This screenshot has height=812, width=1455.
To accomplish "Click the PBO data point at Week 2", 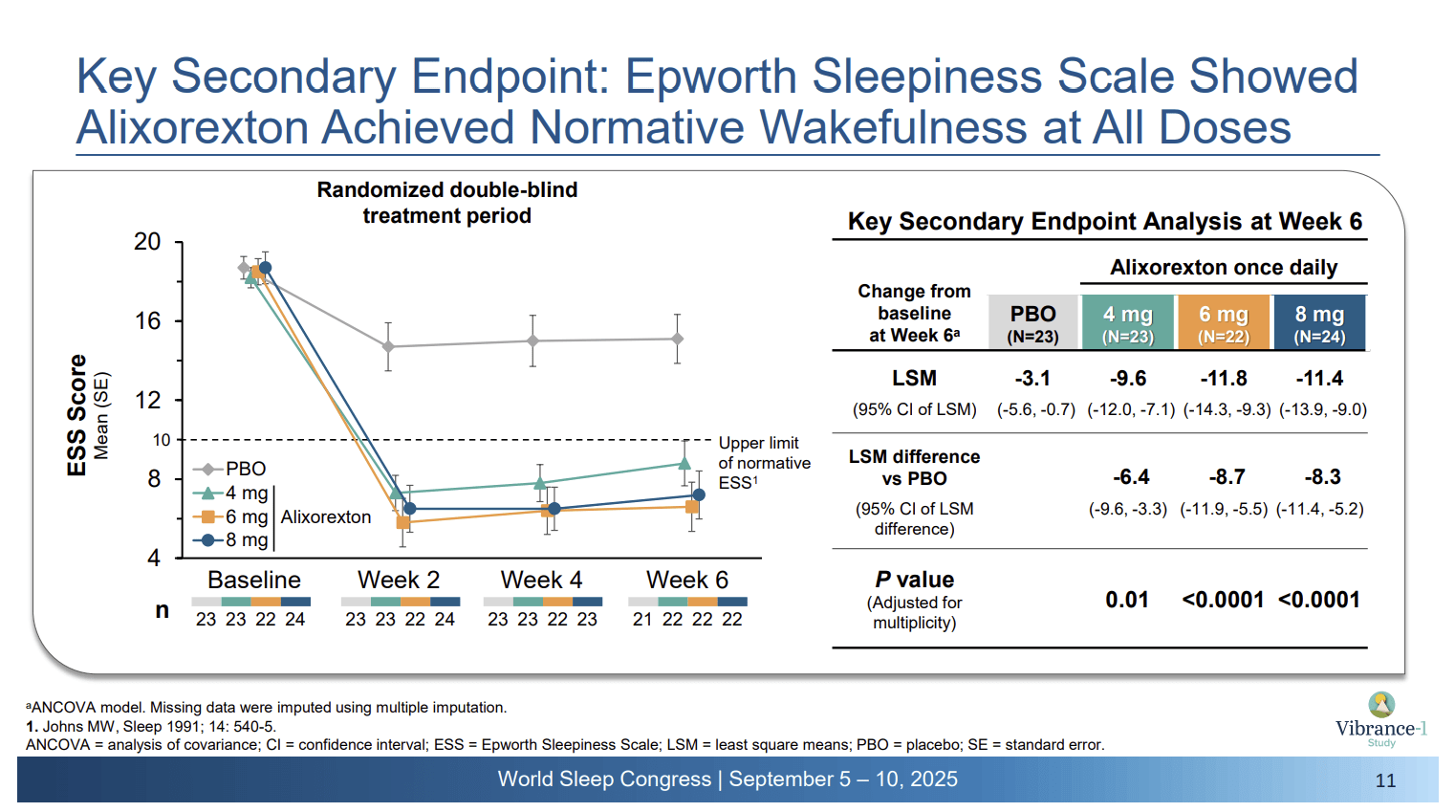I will click(388, 346).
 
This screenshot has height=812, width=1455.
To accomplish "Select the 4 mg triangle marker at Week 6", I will click(684, 464).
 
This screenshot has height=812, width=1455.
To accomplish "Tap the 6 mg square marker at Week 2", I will click(403, 522).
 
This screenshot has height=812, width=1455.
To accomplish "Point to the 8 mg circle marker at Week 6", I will click(699, 494).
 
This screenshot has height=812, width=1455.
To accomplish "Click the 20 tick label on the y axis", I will click(147, 242).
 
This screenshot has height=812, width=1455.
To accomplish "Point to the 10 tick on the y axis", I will click(162, 440).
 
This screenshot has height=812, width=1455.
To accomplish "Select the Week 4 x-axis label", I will click(541, 580).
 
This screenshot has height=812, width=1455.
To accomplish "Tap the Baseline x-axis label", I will click(254, 580).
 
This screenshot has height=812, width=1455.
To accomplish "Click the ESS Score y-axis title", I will click(77, 415).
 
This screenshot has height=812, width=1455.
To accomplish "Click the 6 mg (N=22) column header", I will click(1224, 323).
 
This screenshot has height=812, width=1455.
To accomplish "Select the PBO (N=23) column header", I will click(1033, 323).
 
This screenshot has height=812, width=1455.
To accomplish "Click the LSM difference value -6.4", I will click(1131, 476).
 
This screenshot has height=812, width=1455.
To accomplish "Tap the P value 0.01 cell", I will click(1127, 600).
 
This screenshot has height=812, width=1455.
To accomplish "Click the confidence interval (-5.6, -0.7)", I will click(1035, 409).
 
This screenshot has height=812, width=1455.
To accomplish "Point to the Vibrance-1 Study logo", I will click(1381, 719).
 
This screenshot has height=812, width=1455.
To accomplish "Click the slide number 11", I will click(1385, 780).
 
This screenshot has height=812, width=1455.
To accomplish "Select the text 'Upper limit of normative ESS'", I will click(764, 463).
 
